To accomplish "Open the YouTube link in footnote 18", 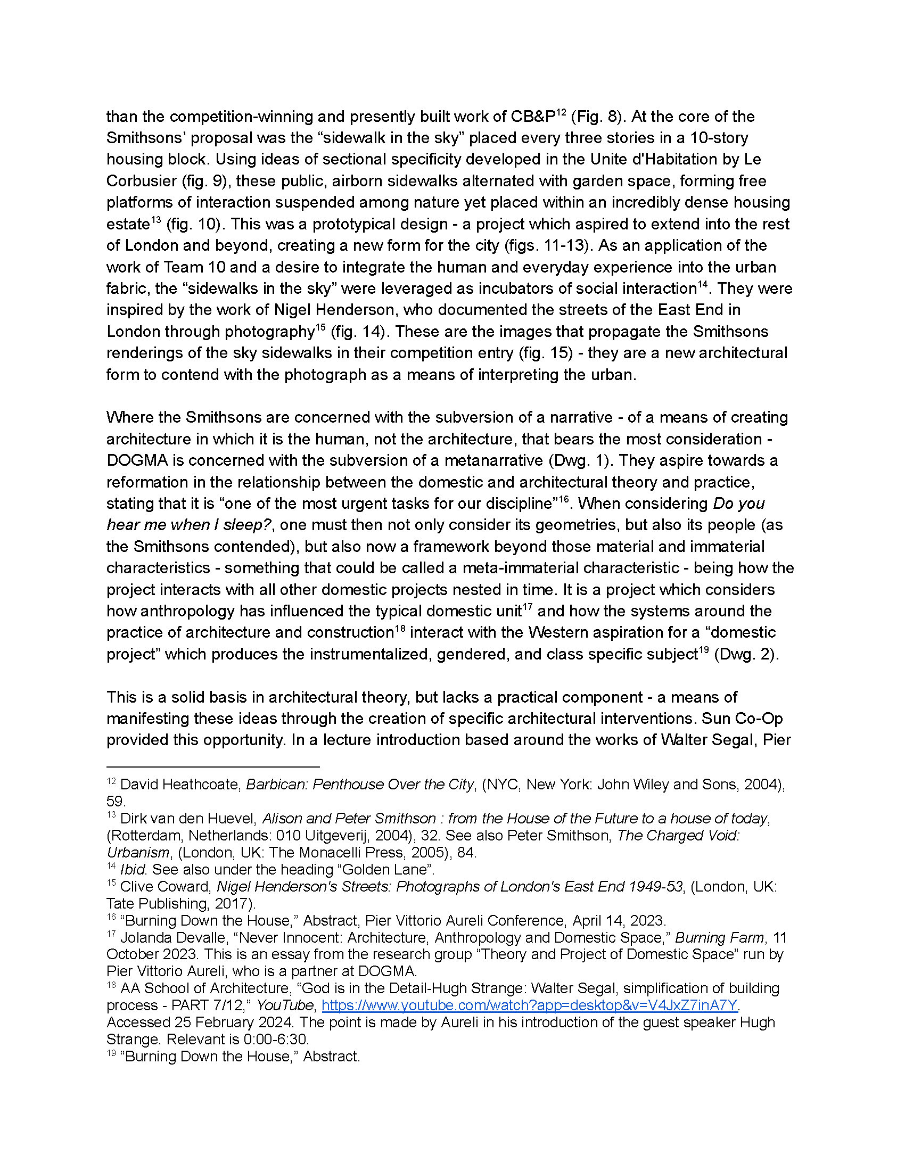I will click(x=530, y=1005).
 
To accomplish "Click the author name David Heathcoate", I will click(x=180, y=785).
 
